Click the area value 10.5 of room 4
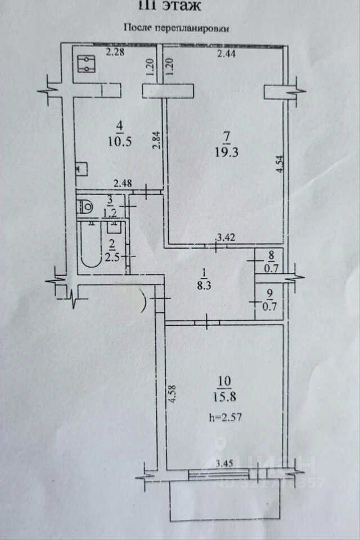coord(120,142)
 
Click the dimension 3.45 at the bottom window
coord(225,465)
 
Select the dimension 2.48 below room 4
coord(124,183)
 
